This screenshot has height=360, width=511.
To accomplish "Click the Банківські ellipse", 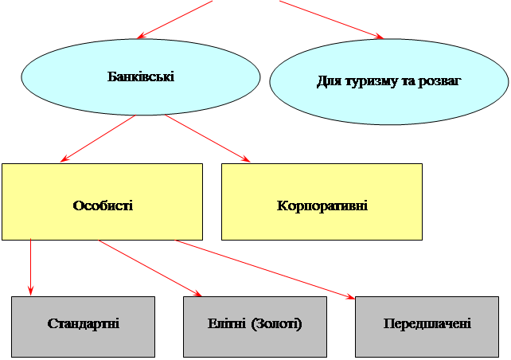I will (x=141, y=77).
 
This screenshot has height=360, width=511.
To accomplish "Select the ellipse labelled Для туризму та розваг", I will (x=389, y=82).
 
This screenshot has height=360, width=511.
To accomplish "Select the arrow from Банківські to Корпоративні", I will (x=207, y=139).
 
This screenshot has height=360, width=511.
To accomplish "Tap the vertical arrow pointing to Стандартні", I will (x=30, y=267).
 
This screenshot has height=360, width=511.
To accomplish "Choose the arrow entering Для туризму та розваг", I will (x=330, y=19).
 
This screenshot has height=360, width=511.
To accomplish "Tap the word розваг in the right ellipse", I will (x=443, y=82).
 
